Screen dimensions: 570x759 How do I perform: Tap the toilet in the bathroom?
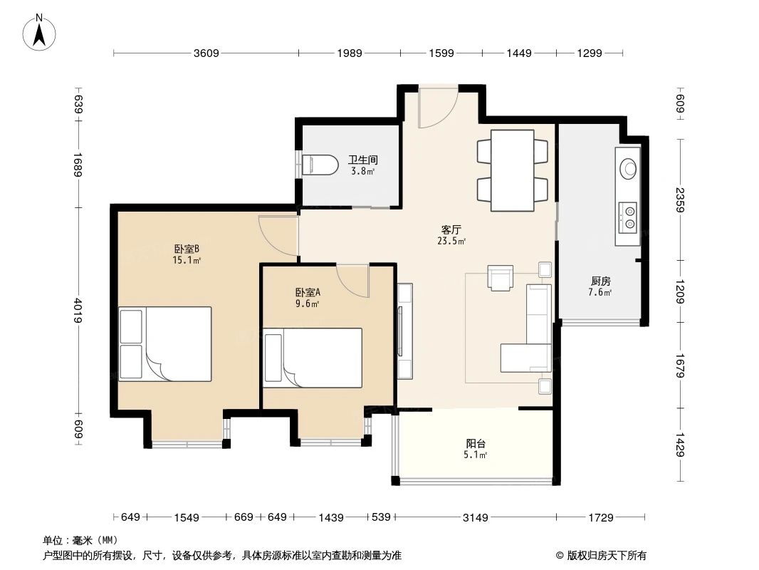[320, 165]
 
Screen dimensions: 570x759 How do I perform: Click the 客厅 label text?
[451, 230]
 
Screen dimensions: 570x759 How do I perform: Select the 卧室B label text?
[187, 249]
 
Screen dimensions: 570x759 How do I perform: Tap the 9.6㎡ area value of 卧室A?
[308, 304]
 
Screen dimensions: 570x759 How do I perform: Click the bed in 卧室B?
[165, 344]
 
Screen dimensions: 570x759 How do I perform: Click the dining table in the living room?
[512, 170]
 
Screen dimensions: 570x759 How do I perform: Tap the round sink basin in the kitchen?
[629, 168]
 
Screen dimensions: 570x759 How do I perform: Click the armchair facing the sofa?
[501, 277]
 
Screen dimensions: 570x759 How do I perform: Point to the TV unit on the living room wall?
[404, 331]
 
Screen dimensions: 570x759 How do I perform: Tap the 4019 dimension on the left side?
[78, 309]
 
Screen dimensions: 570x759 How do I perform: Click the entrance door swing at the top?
[434, 108]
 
